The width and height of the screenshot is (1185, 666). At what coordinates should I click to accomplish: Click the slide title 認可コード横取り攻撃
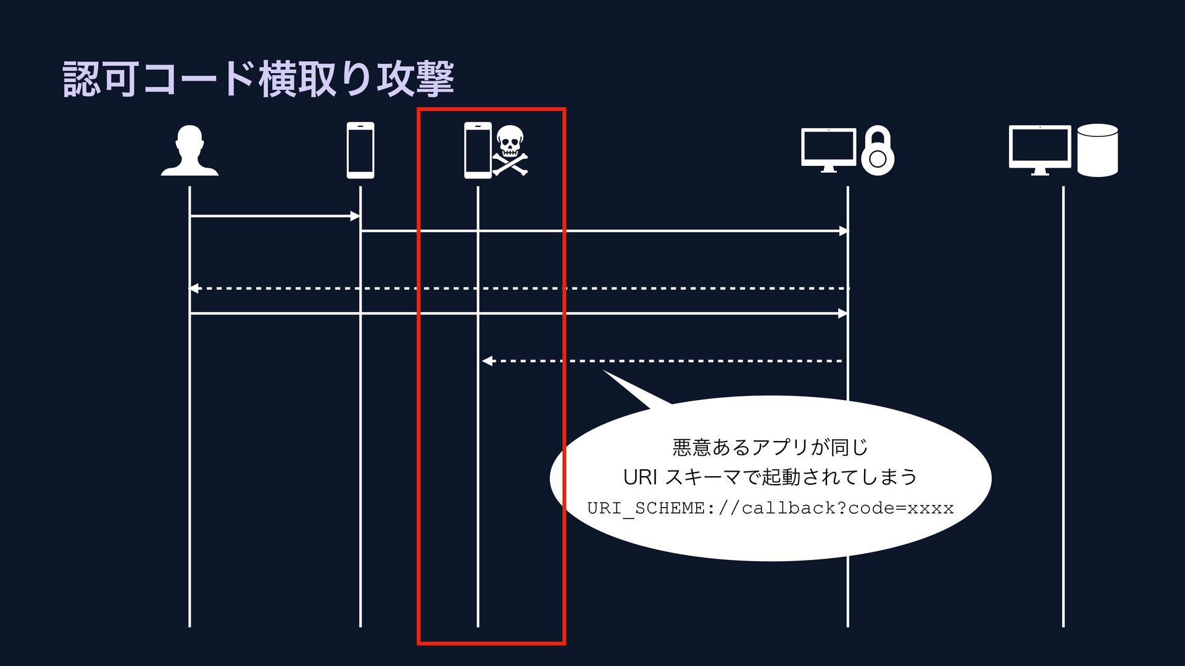click(259, 79)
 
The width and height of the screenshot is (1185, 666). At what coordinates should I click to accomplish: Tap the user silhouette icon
click(189, 151)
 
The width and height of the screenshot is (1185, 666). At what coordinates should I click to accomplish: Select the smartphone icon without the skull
click(360, 150)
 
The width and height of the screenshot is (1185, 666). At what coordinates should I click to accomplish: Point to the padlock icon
click(877, 151)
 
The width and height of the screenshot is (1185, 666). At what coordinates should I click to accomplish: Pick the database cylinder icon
click(1097, 150)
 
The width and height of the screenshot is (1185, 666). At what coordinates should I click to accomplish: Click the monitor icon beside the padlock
click(828, 149)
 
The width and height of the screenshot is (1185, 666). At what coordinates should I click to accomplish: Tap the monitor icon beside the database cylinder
click(1040, 149)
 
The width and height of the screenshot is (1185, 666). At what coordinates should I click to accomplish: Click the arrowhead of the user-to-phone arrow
click(355, 216)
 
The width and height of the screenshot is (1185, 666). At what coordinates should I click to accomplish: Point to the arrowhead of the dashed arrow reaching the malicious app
click(486, 361)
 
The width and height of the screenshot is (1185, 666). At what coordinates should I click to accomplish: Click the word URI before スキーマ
click(641, 477)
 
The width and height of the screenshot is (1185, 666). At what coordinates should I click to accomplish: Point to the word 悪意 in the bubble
click(691, 446)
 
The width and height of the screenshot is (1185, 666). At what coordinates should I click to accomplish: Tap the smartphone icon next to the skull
click(477, 150)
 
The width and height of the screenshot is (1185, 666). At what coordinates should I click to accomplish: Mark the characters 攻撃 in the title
click(415, 79)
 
